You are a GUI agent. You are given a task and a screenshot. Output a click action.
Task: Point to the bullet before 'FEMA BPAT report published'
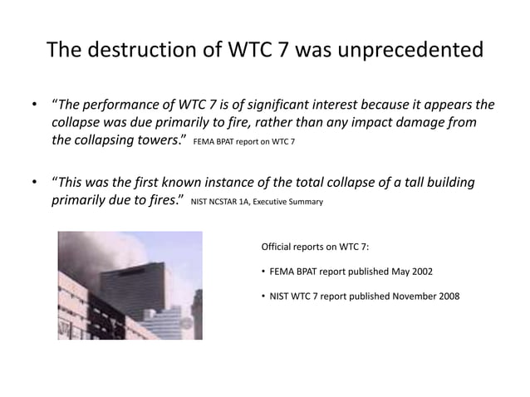[x=263, y=272]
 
